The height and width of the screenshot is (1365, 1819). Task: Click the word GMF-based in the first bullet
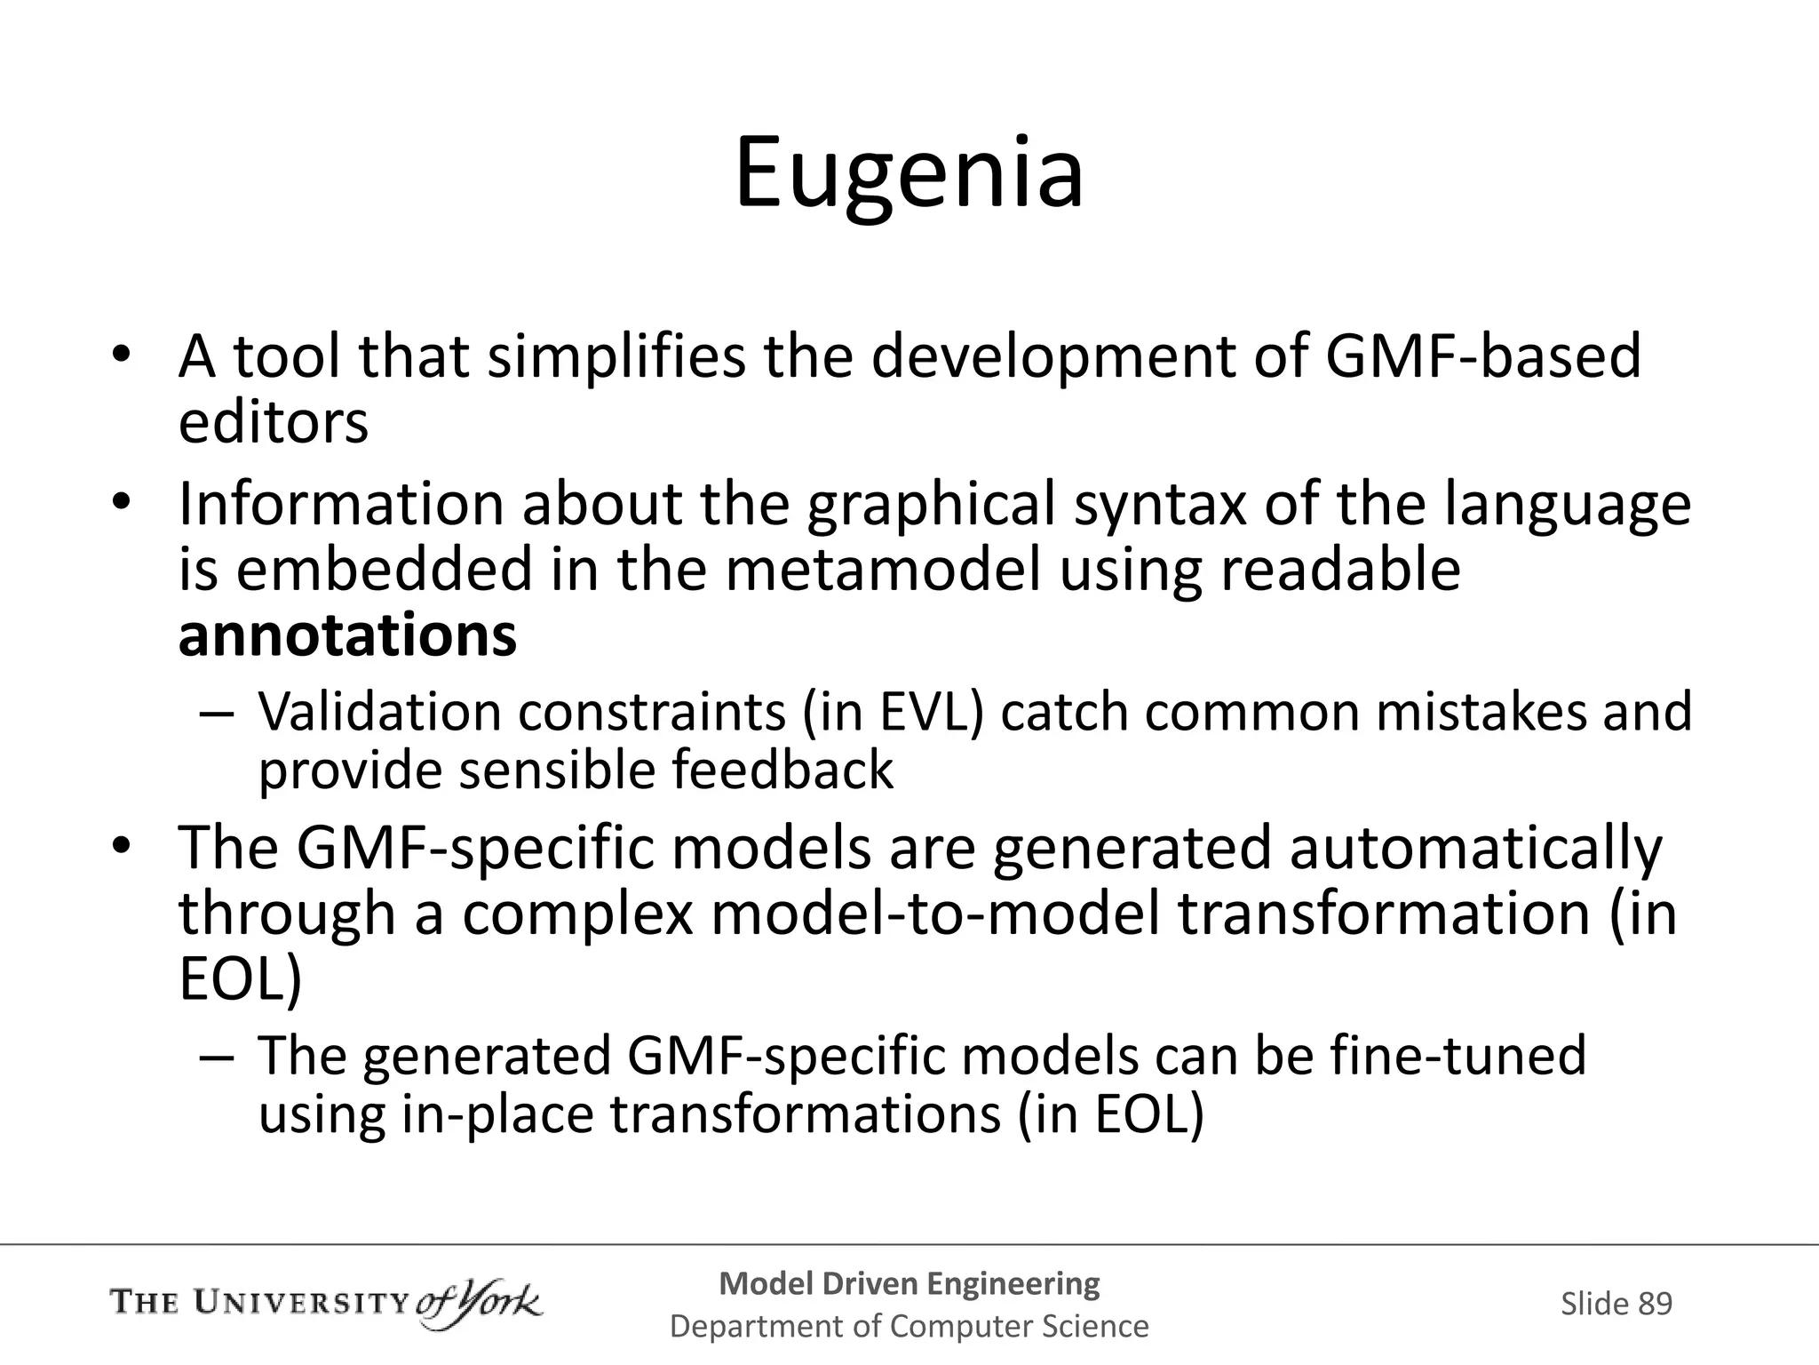click(1482, 355)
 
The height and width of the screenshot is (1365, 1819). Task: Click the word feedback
click(782, 769)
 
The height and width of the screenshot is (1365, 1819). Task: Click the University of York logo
click(325, 1303)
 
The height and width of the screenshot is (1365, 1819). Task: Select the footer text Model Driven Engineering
click(909, 1283)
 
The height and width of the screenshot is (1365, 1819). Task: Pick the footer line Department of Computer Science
click(909, 1327)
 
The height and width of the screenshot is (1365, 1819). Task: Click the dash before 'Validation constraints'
click(216, 714)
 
